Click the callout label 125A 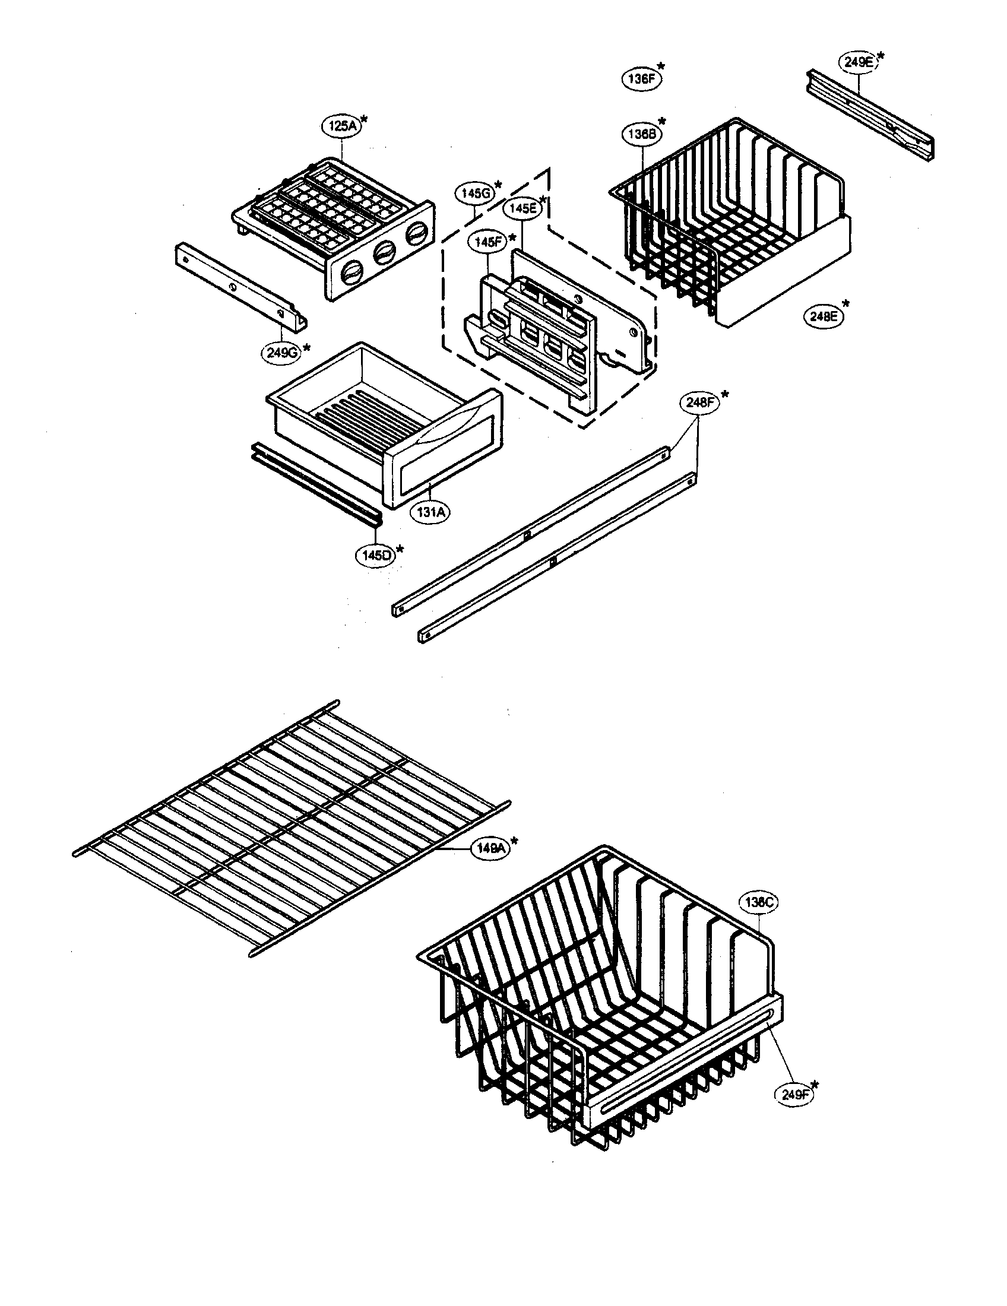pyautogui.click(x=341, y=126)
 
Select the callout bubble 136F pyautogui.click(x=642, y=78)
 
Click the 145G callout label pyautogui.click(x=476, y=193)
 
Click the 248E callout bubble pyautogui.click(x=823, y=317)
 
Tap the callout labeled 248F pyautogui.click(x=699, y=403)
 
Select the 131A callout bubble pyautogui.click(x=430, y=512)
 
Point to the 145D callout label pyautogui.click(x=376, y=555)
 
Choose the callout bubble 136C pyautogui.click(x=759, y=902)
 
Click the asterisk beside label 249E pyautogui.click(x=880, y=56)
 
